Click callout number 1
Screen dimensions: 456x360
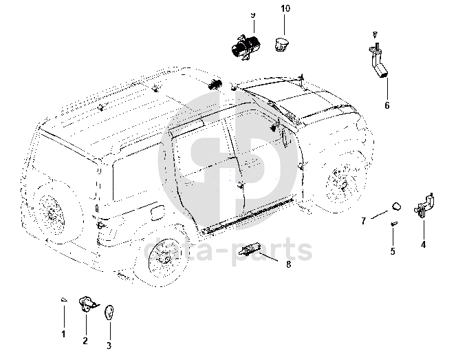click(63, 335)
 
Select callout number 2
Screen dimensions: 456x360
click(85, 341)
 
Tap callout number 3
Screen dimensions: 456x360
click(109, 346)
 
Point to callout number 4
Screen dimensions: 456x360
click(423, 245)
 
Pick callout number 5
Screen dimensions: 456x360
click(393, 251)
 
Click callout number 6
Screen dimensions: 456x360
click(387, 105)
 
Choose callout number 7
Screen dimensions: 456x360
click(364, 221)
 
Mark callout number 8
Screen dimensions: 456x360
click(288, 264)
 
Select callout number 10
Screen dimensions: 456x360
click(285, 8)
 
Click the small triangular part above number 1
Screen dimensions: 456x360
click(64, 299)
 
